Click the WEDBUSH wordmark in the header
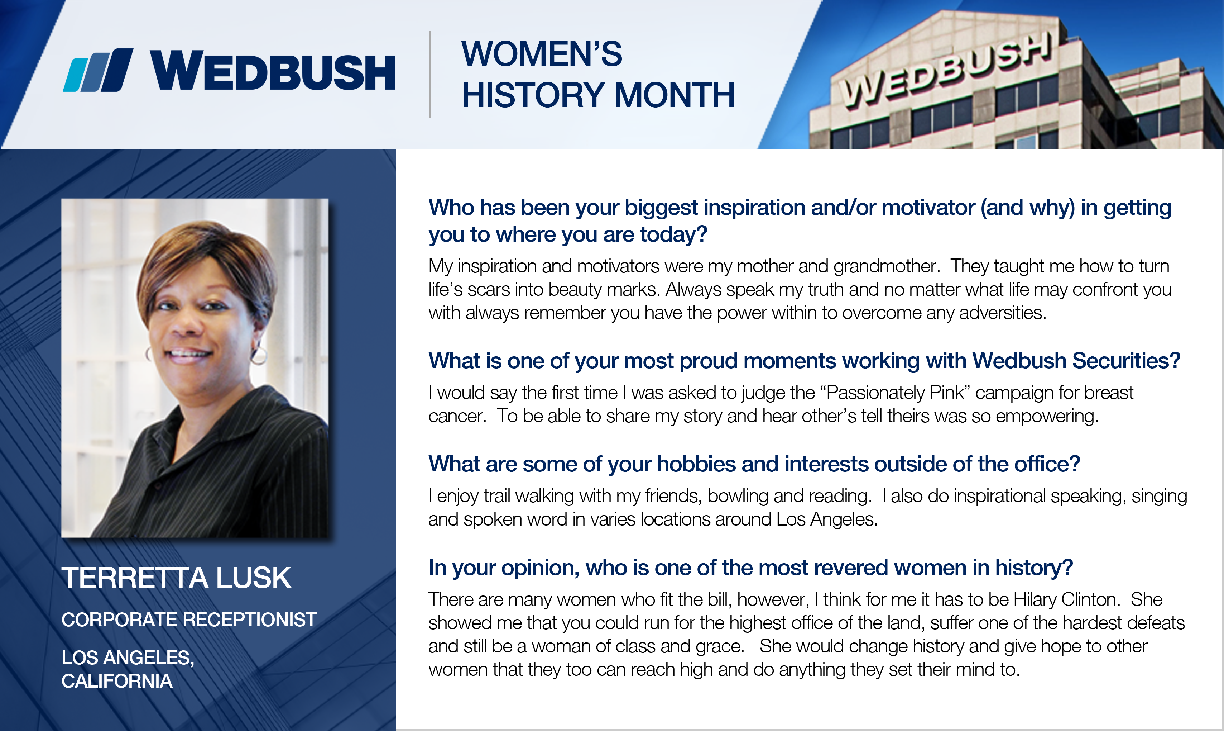(x=273, y=71)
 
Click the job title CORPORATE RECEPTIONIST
(x=189, y=620)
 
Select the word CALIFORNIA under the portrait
(x=117, y=681)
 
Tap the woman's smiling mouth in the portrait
(x=189, y=354)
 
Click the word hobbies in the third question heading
(x=696, y=464)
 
